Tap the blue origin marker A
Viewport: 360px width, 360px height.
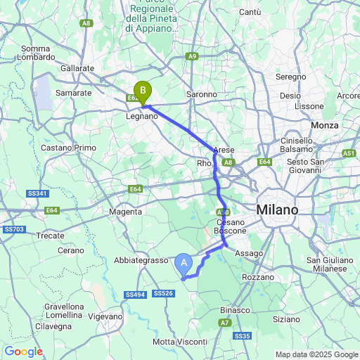click(x=184, y=264)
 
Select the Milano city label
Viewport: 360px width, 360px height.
click(x=276, y=210)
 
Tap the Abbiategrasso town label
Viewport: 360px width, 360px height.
click(x=139, y=260)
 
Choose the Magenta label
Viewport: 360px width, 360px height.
click(x=127, y=211)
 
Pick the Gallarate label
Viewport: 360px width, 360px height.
click(x=77, y=67)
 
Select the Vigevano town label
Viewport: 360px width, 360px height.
click(x=105, y=316)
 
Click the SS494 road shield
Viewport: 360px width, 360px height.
click(x=136, y=294)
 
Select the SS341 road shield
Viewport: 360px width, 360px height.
click(x=38, y=193)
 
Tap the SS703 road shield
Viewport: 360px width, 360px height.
click(x=14, y=229)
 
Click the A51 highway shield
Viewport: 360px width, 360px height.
click(x=349, y=153)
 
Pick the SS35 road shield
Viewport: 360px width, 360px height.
click(x=242, y=336)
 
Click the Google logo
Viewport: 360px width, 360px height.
click(x=23, y=351)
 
